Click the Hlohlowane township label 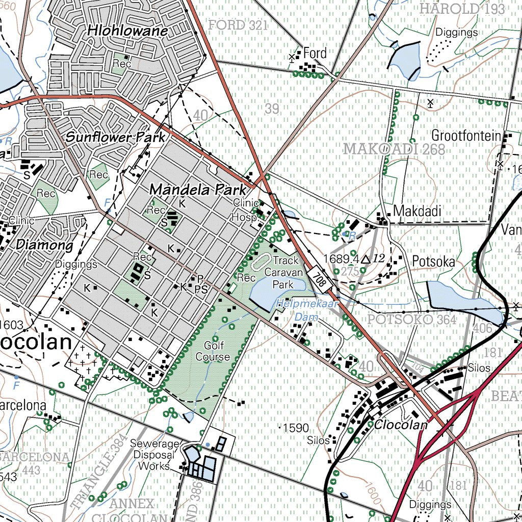[x=127, y=31]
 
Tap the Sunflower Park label [x=116, y=137]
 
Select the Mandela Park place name [x=198, y=190]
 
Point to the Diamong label [x=45, y=245]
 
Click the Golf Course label [x=213, y=351]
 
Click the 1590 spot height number [x=296, y=428]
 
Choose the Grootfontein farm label [x=466, y=136]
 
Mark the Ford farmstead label [x=315, y=53]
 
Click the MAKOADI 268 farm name [x=394, y=149]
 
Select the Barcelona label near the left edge [x=23, y=406]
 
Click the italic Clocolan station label [x=400, y=425]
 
